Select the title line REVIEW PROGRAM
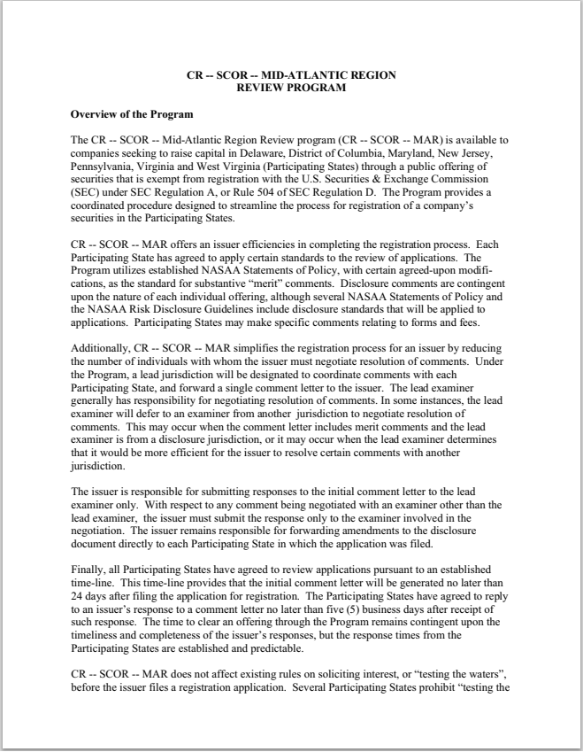click(x=291, y=88)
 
